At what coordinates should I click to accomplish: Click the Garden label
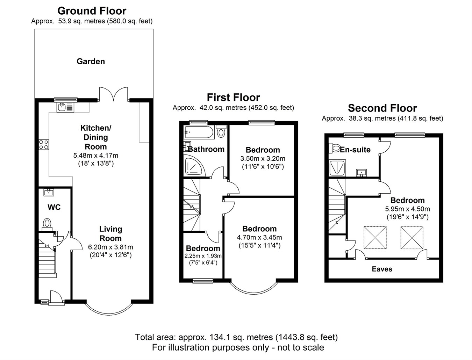click(91, 62)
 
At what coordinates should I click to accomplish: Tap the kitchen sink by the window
click(65, 107)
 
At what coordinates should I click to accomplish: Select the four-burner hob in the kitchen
click(44, 144)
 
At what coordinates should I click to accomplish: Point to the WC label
click(54, 207)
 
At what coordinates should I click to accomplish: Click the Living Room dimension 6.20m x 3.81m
click(110, 247)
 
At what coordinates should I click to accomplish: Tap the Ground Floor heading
click(92, 11)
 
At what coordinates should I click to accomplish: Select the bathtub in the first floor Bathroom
click(199, 132)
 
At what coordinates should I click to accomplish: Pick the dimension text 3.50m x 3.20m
click(263, 159)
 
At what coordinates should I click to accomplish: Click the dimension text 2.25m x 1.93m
click(203, 256)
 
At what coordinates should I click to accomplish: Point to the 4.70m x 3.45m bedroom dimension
click(259, 237)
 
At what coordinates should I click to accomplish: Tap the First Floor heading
click(233, 98)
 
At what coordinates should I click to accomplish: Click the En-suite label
click(355, 150)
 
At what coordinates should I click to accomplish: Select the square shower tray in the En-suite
click(337, 168)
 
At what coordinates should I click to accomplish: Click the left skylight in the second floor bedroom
click(375, 237)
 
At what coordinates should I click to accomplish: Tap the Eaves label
click(382, 269)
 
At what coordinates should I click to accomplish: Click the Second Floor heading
click(382, 108)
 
